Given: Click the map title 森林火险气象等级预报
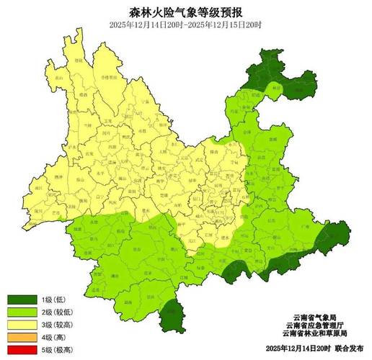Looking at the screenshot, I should [185, 12].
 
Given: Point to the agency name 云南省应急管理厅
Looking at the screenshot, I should [317, 325].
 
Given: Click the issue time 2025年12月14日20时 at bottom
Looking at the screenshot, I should [297, 348].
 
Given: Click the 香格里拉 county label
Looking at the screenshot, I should [108, 76].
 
